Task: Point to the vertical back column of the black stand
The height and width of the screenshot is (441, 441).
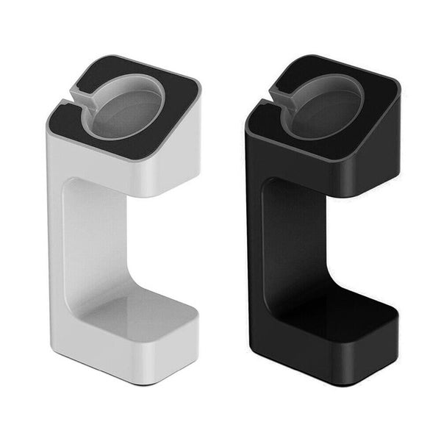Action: [x=283, y=243]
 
